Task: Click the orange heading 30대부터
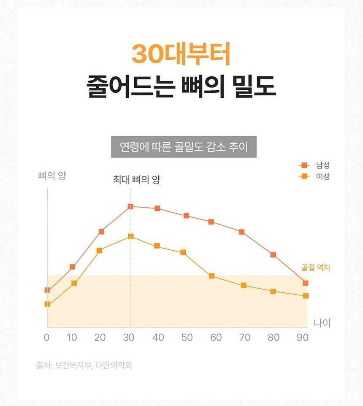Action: point(181,54)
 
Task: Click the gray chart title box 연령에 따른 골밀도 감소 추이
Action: point(184,147)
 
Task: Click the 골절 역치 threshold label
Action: point(316,268)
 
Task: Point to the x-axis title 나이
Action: point(322,323)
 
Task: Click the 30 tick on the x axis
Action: point(130,338)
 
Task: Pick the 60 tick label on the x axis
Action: point(216,338)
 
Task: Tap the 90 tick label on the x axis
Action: point(302,338)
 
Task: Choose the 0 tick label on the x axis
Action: point(47,338)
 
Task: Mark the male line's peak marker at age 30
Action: point(130,206)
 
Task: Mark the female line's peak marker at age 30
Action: point(130,236)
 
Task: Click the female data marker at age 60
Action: point(212,276)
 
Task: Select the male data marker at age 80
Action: point(273,255)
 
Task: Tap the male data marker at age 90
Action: point(305,283)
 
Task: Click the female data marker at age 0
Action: point(47,304)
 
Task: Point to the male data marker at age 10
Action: point(73,267)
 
